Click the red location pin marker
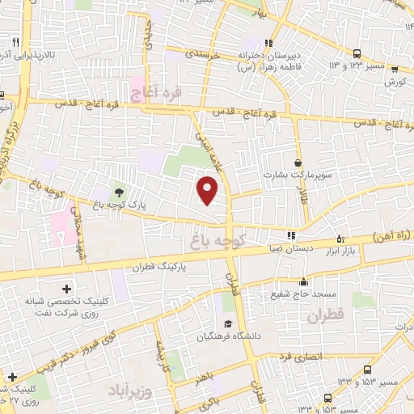coord(208,191)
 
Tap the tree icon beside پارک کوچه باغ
coord(119,192)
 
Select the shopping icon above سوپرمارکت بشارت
coord(298,163)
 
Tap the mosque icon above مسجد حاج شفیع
coord(303,282)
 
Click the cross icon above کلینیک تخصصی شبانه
coord(66,287)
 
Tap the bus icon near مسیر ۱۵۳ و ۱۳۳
coord(327,398)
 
